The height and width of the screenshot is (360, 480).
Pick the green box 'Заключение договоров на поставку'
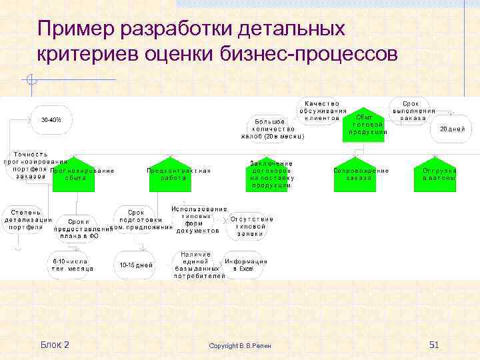[270, 175]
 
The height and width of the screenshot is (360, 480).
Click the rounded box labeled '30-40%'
[51, 120]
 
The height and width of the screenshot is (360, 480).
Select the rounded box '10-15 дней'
[135, 265]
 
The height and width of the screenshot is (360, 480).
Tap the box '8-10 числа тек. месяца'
[72, 265]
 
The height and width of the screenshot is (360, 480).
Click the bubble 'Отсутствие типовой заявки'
[251, 227]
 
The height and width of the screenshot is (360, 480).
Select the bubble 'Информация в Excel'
[246, 265]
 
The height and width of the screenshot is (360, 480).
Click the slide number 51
[433, 344]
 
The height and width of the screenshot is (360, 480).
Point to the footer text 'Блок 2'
[55, 344]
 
